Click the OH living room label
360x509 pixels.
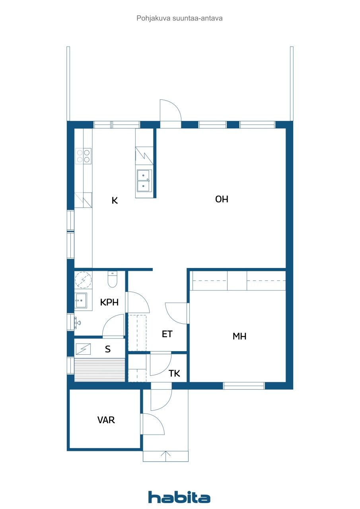[222, 199]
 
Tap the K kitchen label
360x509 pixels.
[115, 200]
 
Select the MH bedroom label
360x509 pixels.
[239, 336]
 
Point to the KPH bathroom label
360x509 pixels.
[109, 302]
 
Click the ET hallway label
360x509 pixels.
[167, 334]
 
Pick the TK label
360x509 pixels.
[174, 373]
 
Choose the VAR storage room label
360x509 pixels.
[106, 420]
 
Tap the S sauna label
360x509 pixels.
[108, 349]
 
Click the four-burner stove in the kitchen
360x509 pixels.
[84, 155]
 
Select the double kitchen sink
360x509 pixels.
[144, 181]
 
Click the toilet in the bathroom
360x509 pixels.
[112, 280]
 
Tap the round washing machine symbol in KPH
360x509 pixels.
[84, 280]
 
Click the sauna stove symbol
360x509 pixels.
[83, 349]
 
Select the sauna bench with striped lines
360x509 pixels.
[100, 370]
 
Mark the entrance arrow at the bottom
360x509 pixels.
[166, 456]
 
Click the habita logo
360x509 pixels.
[179, 497]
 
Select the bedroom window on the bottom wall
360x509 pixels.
[243, 385]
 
